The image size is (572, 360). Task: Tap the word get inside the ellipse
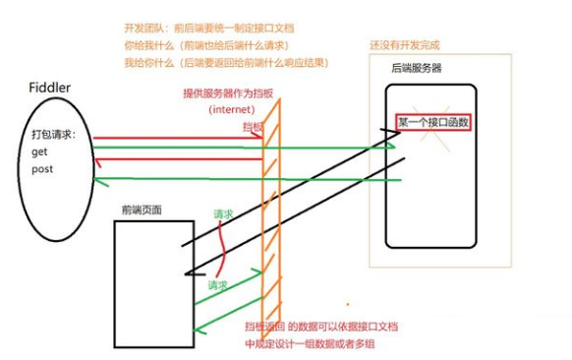pos(40,153)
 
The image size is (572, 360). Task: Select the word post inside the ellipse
pos(43,169)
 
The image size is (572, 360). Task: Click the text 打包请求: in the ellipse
pos(59,135)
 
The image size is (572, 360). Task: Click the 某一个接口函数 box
pos(432,123)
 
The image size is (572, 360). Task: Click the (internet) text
pos(231,109)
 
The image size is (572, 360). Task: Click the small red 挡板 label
pos(253,127)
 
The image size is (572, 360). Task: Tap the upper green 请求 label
pos(224,213)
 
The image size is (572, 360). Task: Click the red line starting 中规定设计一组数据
pos(314,344)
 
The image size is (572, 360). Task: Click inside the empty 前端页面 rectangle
pos(146,285)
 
